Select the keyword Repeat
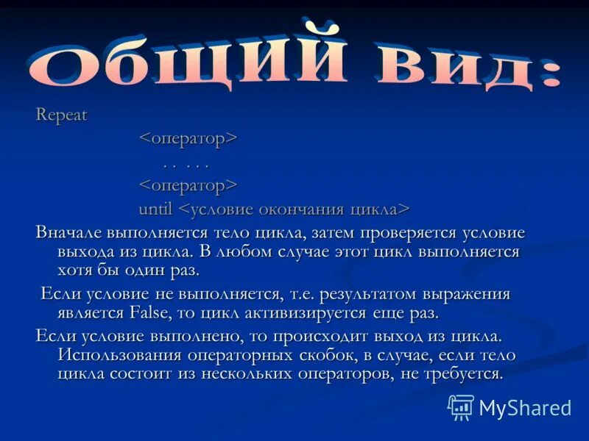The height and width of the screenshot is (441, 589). tap(62, 115)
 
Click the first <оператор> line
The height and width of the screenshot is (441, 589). tap(188, 138)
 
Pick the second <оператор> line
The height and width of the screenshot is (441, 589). tap(188, 184)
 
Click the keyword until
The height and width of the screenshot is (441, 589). tap(155, 209)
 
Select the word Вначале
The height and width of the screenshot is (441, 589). tap(68, 233)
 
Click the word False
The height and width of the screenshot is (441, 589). tap(151, 313)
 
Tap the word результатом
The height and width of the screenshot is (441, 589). tap(364, 294)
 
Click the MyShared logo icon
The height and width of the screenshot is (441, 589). tap(461, 407)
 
